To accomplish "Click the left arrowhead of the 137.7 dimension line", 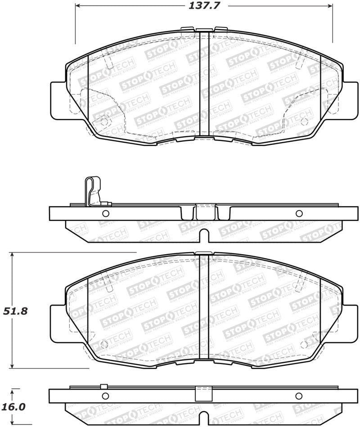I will click(77, 5).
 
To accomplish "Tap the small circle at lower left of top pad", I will click(104, 121).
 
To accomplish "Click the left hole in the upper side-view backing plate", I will click(106, 213).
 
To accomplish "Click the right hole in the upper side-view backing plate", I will click(299, 213).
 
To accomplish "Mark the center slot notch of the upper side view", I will click(204, 235).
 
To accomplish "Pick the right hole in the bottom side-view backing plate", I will click(298, 396).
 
